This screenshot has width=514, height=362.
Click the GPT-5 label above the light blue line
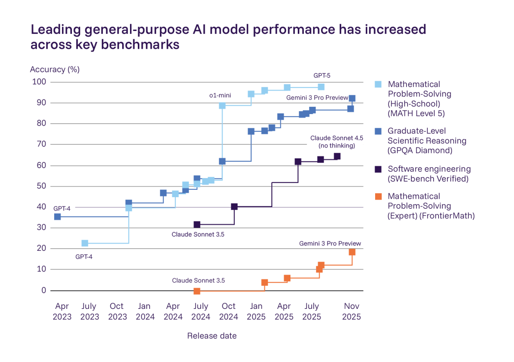pos(322,76)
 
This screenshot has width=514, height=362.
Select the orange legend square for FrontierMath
pos(378,197)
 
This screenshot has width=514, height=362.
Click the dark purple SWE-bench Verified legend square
pos(378,169)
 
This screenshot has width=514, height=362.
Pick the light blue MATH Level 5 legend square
pos(378,84)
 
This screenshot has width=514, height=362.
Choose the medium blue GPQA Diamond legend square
pos(378,131)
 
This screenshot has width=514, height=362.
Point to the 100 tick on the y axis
pos(39,82)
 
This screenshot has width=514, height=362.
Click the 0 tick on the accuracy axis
pos(43,290)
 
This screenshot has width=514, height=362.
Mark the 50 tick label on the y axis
pos(41,186)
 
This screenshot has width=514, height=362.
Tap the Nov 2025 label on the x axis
pos(352,311)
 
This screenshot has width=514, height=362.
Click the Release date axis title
pos(212,336)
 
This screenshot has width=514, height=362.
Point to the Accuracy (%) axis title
pos(55,69)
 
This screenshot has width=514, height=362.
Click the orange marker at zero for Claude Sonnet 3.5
pos(197,291)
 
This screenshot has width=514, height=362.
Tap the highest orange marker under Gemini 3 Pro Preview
pos(352,252)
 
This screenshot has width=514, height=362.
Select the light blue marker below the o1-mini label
pos(222,106)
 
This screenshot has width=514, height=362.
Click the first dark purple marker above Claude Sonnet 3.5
pos(197,224)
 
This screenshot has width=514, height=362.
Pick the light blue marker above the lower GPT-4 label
pos(85,243)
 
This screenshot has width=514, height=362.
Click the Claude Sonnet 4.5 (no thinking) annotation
pos(332,142)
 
